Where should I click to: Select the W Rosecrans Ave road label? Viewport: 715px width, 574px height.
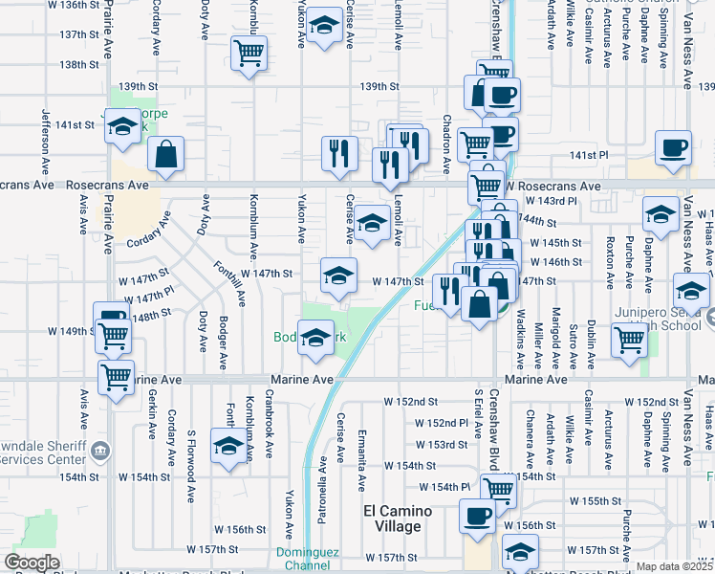pos(553,186)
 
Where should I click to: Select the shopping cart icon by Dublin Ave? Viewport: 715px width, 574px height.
pos(629,340)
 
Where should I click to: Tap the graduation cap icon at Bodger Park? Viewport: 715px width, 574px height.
pos(315,338)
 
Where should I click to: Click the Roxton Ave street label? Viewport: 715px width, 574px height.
pos(609,262)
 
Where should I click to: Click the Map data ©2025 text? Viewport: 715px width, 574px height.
pos(675,566)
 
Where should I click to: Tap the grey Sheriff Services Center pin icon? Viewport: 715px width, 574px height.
pos(104,450)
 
